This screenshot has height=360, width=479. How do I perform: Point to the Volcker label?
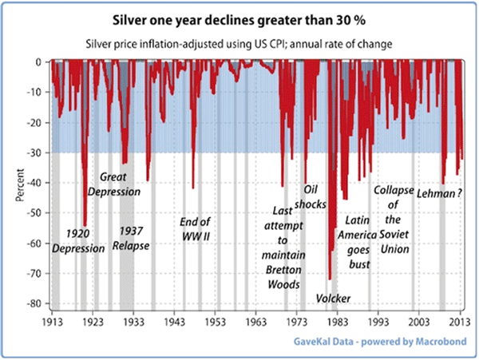click(x=333, y=299)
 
